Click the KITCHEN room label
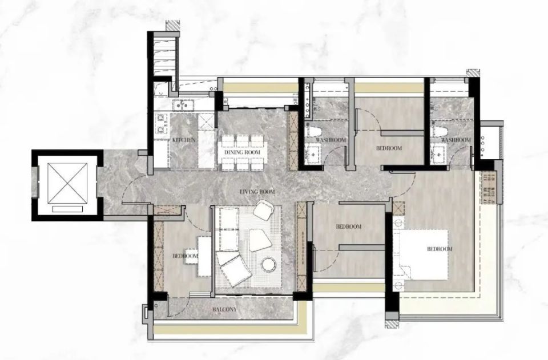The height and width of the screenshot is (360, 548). pos(183,140)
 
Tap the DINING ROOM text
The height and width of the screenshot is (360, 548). pos(242,152)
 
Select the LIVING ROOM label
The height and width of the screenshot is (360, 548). pos(257,192)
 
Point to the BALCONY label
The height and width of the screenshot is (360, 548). pos(224,310)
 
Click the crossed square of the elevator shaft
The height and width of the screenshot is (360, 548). pos(67,183)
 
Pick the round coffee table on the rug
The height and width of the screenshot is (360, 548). pos(269,264)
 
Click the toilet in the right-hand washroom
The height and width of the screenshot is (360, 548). pos(439,131)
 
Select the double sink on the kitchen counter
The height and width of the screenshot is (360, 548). pos(183,104)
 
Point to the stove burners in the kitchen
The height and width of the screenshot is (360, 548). pos(162,124)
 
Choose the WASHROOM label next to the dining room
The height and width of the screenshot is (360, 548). pos(331,140)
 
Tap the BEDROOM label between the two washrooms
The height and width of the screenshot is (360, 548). pos(389,148)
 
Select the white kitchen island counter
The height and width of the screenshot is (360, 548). pos(206,141)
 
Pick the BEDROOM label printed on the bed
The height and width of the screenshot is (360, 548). pos(440,249)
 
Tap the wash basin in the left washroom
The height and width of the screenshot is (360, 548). pos(313,154)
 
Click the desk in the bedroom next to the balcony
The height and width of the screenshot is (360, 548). pos(204,256)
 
